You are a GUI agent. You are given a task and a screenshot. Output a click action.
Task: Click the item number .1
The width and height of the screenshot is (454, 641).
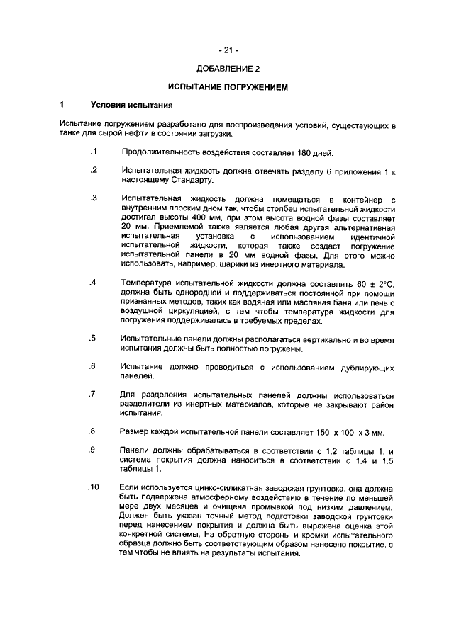[x=93, y=152]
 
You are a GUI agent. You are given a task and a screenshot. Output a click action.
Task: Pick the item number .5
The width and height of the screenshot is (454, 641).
[x=93, y=338]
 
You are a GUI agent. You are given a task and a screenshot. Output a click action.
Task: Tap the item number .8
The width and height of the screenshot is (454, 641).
[x=93, y=431]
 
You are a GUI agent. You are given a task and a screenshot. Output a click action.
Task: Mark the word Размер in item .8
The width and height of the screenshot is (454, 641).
[x=136, y=431]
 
